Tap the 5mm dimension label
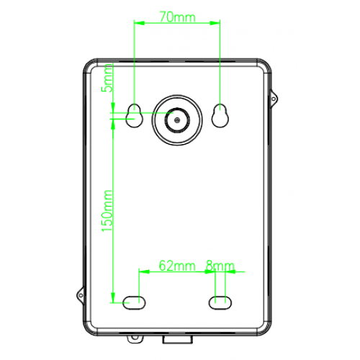point(107,78)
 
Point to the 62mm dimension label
point(176,266)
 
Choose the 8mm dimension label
point(220,266)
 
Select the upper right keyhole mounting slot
point(220,115)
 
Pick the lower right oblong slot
point(220,302)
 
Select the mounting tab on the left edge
point(81,293)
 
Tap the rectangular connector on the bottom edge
point(176,338)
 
